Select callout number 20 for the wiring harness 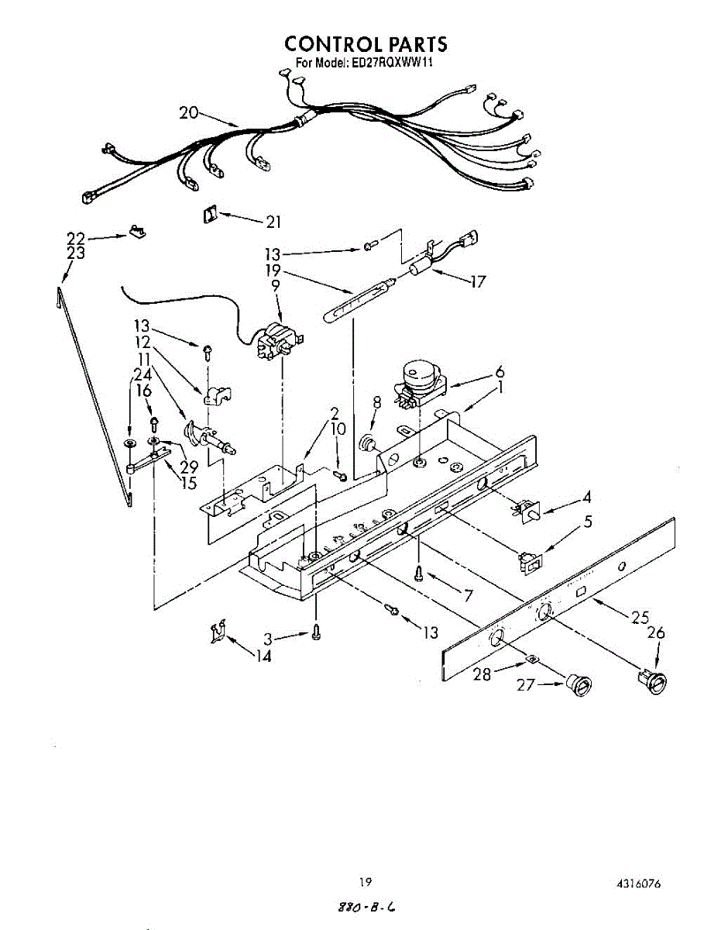coord(189,112)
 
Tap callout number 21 coord(273,223)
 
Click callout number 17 coord(478,282)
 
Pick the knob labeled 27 coord(579,685)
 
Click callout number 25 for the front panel coord(640,618)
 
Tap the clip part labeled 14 coord(218,632)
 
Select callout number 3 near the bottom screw coord(267,639)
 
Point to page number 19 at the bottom coord(366,882)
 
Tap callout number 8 coord(377,402)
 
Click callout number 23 coord(75,253)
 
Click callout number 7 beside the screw coord(467,595)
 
